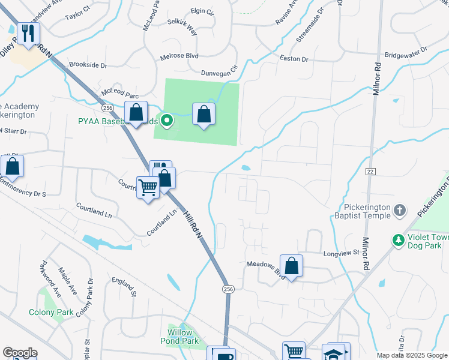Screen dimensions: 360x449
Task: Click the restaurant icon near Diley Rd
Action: [27, 34]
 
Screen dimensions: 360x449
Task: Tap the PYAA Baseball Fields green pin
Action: [168, 121]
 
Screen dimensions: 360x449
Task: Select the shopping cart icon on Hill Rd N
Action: [147, 187]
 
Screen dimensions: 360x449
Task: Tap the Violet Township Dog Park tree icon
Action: [397, 240]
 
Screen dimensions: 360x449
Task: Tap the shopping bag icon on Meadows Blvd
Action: [291, 266]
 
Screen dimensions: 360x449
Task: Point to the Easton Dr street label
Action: [294, 59]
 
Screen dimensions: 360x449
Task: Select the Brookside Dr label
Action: [88, 65]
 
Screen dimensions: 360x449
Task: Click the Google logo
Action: [20, 352]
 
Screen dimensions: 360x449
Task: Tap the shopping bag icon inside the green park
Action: [204, 113]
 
